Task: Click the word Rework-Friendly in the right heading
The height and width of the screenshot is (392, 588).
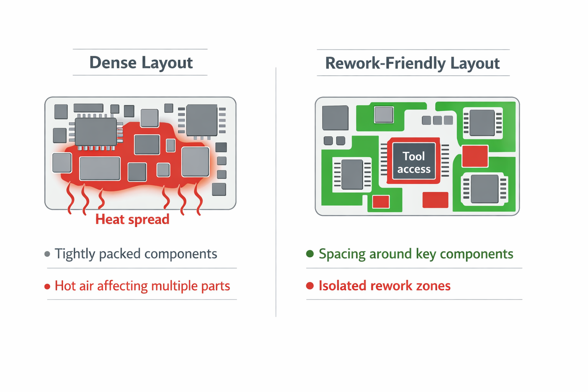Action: click(x=385, y=63)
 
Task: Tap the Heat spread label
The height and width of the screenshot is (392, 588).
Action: click(x=132, y=219)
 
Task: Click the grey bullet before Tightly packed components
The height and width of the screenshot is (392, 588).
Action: click(x=47, y=254)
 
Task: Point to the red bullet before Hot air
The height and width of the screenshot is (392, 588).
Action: click(x=47, y=286)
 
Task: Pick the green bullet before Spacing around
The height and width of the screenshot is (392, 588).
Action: click(x=310, y=254)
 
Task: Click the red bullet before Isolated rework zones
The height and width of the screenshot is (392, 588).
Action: click(x=310, y=286)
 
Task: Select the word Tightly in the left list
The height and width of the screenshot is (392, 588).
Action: click(x=75, y=254)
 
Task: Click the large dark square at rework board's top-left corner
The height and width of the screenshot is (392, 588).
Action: click(x=335, y=118)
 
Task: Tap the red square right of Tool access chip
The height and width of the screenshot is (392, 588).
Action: click(x=475, y=156)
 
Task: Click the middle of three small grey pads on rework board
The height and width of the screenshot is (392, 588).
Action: click(x=437, y=120)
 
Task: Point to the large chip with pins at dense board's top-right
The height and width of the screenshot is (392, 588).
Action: click(x=202, y=120)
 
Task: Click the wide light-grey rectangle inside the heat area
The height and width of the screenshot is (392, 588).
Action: click(x=100, y=168)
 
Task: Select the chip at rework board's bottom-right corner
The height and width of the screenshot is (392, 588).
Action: click(x=484, y=189)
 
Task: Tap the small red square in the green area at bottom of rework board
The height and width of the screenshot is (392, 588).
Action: click(x=381, y=202)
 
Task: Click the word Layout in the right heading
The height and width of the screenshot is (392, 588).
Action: click(x=475, y=63)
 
